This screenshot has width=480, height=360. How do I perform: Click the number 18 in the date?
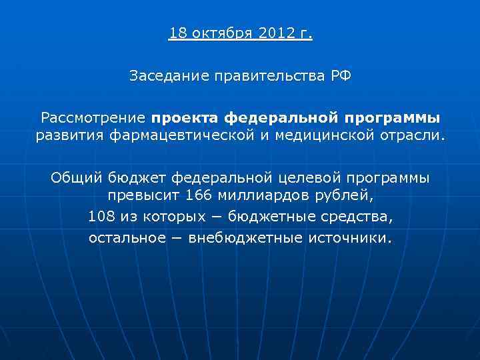(177, 33)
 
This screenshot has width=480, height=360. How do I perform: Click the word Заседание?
(168, 77)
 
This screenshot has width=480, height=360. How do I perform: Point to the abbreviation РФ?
(339, 76)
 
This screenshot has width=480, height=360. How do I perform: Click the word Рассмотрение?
(93, 119)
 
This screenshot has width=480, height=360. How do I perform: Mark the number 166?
(199, 197)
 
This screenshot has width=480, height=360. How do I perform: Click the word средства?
(360, 217)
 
